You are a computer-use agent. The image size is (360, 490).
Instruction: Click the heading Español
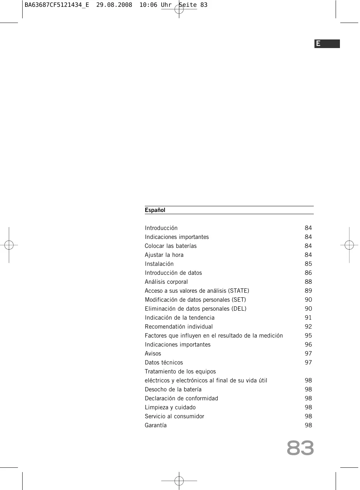pyautogui.click(x=155, y=210)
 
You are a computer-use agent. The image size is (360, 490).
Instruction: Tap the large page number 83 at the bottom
pyautogui.click(x=300, y=448)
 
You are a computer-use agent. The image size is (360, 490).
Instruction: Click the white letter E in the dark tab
pyautogui.click(x=318, y=44)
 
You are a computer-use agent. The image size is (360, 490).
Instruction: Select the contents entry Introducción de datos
pyautogui.click(x=173, y=273)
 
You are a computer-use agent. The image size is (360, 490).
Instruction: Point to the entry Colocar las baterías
pyautogui.click(x=171, y=246)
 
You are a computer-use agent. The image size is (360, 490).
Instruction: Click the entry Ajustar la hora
pyautogui.click(x=164, y=255)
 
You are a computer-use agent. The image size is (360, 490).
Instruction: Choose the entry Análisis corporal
pyautogui.click(x=166, y=282)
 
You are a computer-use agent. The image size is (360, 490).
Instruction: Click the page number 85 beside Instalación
pyautogui.click(x=308, y=264)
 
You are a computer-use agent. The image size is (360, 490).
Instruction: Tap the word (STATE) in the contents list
pyautogui.click(x=238, y=291)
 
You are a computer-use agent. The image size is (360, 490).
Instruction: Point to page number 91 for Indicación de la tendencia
pyautogui.click(x=308, y=318)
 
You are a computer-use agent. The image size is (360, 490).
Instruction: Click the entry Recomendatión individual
pyautogui.click(x=179, y=327)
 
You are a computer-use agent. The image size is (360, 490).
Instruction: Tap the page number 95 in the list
pyautogui.click(x=308, y=336)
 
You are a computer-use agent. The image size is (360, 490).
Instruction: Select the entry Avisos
pyautogui.click(x=153, y=354)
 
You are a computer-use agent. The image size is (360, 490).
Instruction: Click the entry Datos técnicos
pyautogui.click(x=164, y=363)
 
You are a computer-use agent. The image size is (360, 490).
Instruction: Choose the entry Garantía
pyautogui.click(x=156, y=425)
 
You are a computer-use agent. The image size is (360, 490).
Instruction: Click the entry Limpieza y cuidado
pyautogui.click(x=170, y=407)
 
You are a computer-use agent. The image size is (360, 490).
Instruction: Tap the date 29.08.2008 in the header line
pyautogui.click(x=114, y=5)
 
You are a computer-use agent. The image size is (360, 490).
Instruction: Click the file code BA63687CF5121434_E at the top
pyautogui.click(x=57, y=5)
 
